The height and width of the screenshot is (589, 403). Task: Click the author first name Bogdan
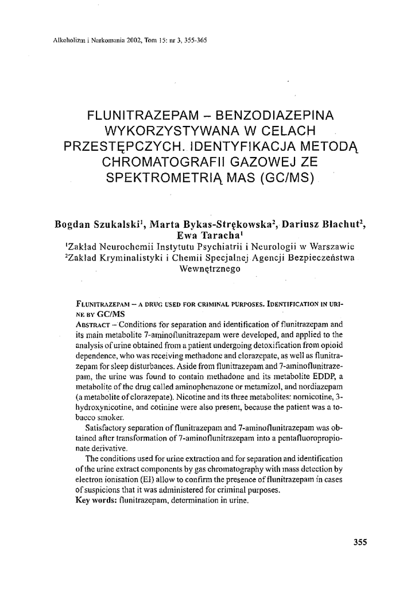coord(73,225)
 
